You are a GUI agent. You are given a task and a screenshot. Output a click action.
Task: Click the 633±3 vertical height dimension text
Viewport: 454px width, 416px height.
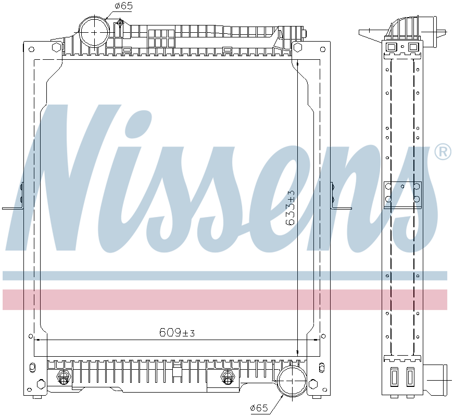click(x=291, y=207)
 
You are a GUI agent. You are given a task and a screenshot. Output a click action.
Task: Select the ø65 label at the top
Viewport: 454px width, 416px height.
click(x=124, y=6)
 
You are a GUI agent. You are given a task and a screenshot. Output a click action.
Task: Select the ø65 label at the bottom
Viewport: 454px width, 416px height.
click(x=258, y=408)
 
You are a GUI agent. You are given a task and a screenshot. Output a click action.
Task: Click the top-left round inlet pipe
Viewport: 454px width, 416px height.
click(x=94, y=31)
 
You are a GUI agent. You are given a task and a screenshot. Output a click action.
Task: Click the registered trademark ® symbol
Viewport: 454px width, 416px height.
click(x=443, y=152)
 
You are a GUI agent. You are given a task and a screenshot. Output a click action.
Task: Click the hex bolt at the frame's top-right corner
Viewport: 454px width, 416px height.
click(x=298, y=47)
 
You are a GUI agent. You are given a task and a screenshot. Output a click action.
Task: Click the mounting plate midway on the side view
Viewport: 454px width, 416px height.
click(x=402, y=194)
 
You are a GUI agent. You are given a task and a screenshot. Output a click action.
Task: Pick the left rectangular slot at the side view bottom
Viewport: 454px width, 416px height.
click(x=394, y=376)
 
